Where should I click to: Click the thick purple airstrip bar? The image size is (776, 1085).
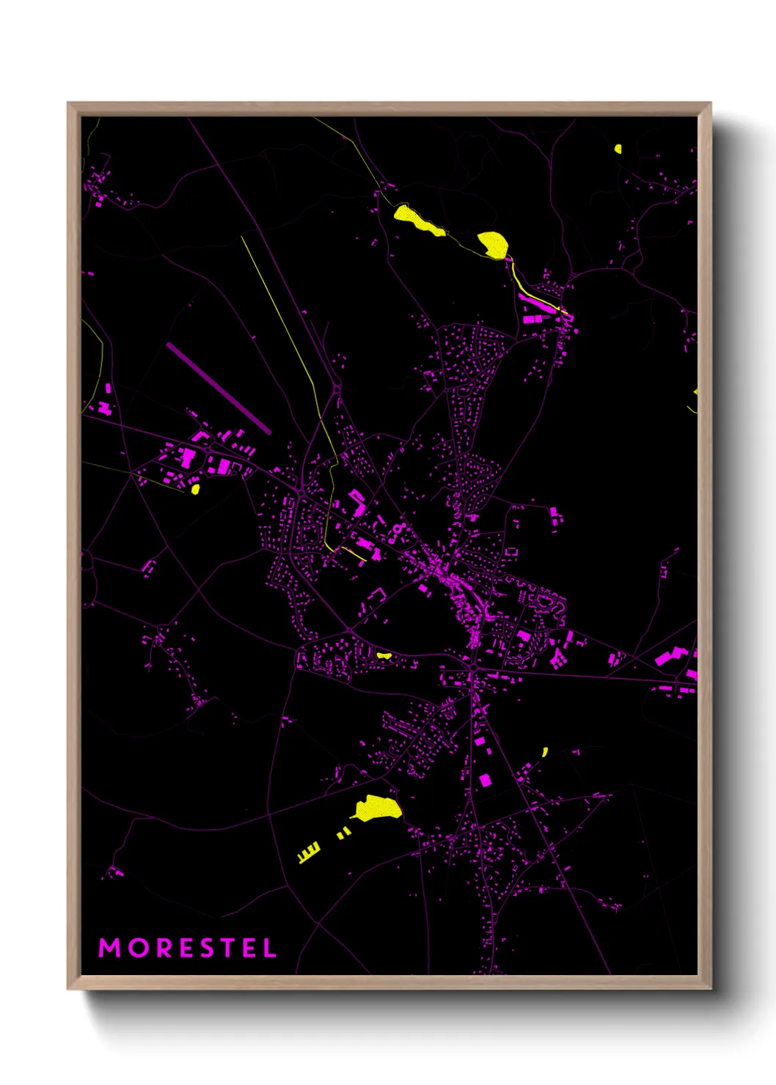[219, 388]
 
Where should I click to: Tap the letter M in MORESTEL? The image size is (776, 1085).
[109, 948]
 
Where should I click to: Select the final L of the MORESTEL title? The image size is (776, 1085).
[270, 948]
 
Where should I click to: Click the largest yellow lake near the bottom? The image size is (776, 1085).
[378, 808]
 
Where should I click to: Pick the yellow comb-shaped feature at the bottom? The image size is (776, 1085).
[309, 853]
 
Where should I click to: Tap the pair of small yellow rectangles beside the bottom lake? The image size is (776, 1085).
[343, 833]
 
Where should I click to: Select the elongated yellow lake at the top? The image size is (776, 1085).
[418, 221]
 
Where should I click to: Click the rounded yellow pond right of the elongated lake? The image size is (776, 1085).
[494, 244]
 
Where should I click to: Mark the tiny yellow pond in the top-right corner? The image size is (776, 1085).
[618, 149]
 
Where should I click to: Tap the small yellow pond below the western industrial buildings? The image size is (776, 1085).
[195, 488]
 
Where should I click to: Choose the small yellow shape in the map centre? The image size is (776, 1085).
[384, 655]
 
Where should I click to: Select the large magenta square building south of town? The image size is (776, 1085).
[484, 780]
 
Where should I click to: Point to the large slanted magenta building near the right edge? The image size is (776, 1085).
[667, 657]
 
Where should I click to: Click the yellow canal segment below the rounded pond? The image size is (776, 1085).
[517, 279]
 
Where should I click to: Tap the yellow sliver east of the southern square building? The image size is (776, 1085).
[545, 751]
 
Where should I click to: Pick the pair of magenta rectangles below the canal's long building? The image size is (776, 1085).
[534, 319]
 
